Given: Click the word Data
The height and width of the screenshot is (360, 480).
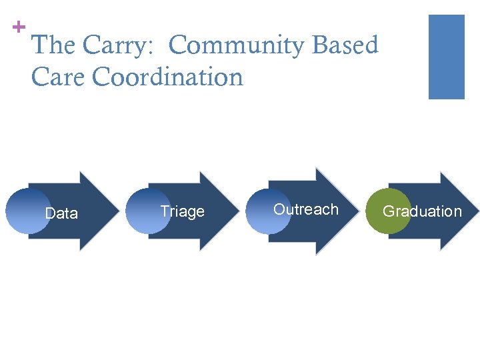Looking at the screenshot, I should pyautogui.click(x=61, y=213).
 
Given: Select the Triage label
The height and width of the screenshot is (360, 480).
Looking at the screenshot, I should pyautogui.click(x=182, y=211).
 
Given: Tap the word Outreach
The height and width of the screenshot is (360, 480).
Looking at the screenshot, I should pyautogui.click(x=306, y=209).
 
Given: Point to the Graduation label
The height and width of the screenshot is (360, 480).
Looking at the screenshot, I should pyautogui.click(x=422, y=211).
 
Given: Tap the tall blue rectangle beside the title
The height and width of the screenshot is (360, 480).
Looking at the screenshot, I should pyautogui.click(x=446, y=57).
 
